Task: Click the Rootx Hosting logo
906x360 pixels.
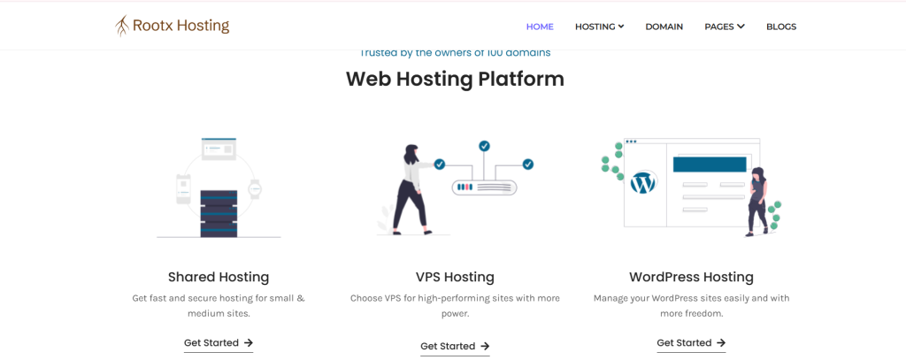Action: (173, 26)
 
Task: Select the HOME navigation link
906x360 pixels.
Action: (540, 27)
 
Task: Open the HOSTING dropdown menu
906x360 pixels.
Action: (599, 27)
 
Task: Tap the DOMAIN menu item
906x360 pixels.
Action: (664, 27)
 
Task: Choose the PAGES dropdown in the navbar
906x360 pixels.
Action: (725, 27)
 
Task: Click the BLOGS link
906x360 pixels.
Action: (781, 27)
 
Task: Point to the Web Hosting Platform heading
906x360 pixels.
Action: (455, 79)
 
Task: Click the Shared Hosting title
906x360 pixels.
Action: (219, 277)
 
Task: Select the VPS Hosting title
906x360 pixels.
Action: (455, 277)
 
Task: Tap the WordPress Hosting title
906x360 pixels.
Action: (691, 277)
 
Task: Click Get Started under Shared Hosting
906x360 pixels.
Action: (219, 342)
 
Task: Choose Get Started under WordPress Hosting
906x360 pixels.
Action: (691, 342)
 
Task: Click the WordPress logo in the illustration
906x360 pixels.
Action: (644, 183)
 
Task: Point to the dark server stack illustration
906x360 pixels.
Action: (219, 213)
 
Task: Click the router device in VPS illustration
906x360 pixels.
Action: (484, 188)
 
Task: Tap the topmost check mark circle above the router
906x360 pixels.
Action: (484, 146)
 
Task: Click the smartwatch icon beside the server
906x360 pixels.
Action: (254, 188)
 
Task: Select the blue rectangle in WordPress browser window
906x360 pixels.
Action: (710, 165)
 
